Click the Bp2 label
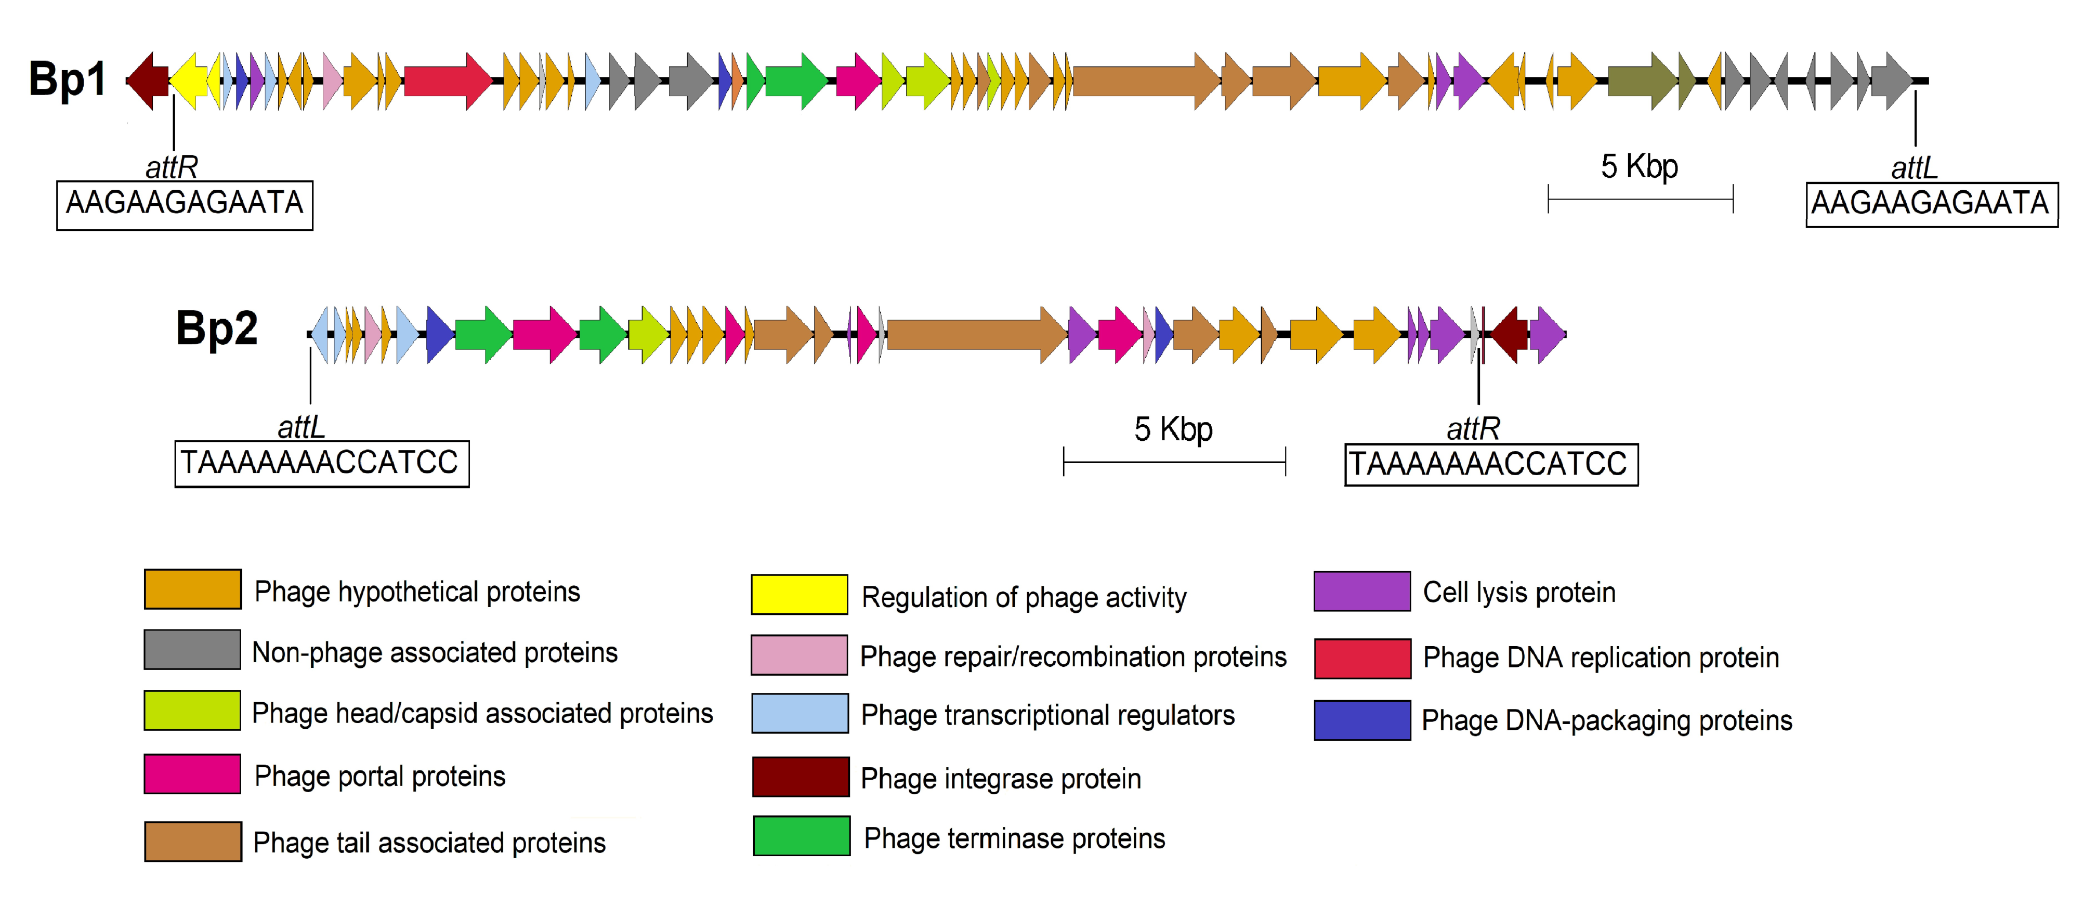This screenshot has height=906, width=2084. tap(217, 329)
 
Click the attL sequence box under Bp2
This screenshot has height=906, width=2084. tap(321, 464)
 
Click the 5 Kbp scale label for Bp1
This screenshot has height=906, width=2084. tap(1639, 167)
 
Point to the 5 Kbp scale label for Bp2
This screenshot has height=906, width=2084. tap(1173, 429)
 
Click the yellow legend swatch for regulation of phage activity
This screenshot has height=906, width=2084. tap(799, 595)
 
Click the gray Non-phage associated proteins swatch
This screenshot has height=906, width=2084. tap(192, 650)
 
